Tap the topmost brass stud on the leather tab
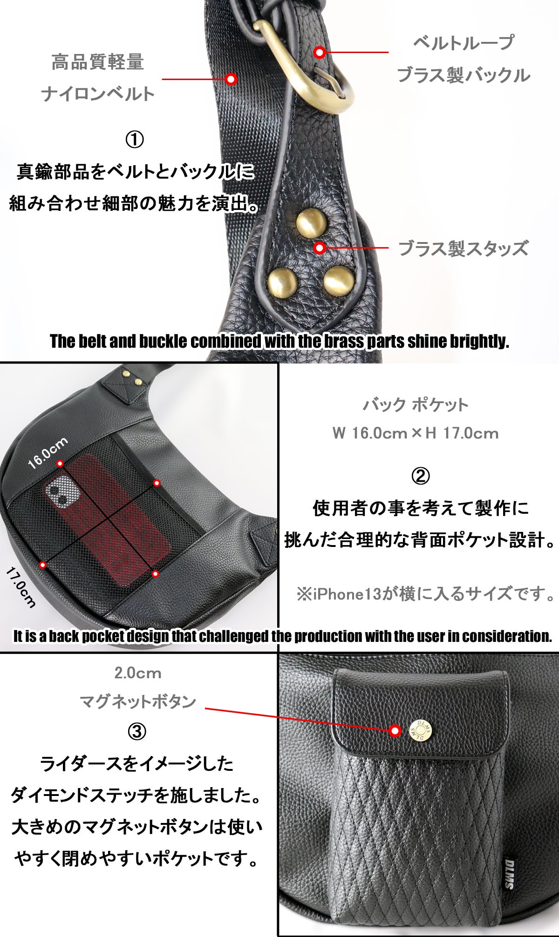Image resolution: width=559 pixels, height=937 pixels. [311, 222]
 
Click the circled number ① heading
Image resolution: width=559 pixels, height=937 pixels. [135, 140]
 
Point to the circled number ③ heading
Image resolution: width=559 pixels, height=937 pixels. [136, 732]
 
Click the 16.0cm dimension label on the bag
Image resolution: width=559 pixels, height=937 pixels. [48, 453]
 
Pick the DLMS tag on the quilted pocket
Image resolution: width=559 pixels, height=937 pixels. [508, 873]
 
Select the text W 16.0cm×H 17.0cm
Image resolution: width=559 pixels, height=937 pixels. [415, 433]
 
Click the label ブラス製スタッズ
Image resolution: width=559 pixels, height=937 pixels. [464, 248]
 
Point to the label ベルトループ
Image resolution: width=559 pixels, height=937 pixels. [464, 43]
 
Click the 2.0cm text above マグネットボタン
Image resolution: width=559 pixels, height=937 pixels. [138, 673]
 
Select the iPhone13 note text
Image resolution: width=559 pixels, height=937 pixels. [426, 594]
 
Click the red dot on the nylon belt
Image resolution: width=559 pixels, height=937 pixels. [231, 79]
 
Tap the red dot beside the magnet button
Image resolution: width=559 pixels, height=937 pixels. [395, 731]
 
